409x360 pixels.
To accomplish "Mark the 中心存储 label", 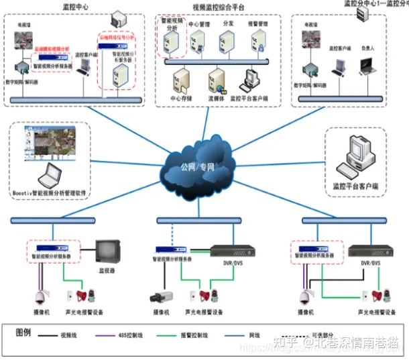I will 183,98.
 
